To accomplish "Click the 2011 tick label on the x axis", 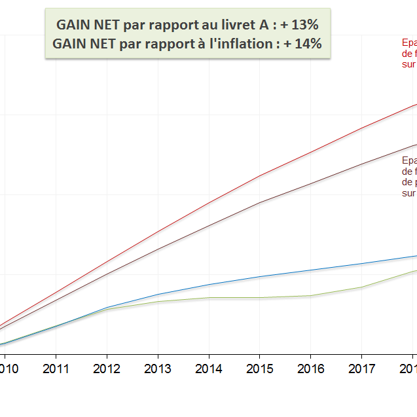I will pyautogui.click(x=56, y=369).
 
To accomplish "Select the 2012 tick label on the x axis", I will pyautogui.click(x=107, y=369).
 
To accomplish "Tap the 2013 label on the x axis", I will pyautogui.click(x=158, y=369).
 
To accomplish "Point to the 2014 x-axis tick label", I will pyautogui.click(x=209, y=369).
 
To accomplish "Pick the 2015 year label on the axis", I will pyautogui.click(x=260, y=369).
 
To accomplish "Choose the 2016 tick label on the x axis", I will pyautogui.click(x=311, y=369).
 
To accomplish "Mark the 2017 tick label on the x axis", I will pyautogui.click(x=362, y=369).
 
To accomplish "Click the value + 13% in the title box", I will pyautogui.click(x=299, y=26).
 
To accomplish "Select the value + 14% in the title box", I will pyautogui.click(x=302, y=44).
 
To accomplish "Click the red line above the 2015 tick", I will pyautogui.click(x=260, y=175).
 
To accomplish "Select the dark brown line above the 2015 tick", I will pyautogui.click(x=260, y=202).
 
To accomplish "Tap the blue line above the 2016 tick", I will pyautogui.click(x=311, y=270).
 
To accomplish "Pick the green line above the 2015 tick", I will pyautogui.click(x=260, y=298).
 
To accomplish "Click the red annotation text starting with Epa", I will pyautogui.click(x=409, y=53).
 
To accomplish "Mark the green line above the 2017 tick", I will pyautogui.click(x=362, y=287).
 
